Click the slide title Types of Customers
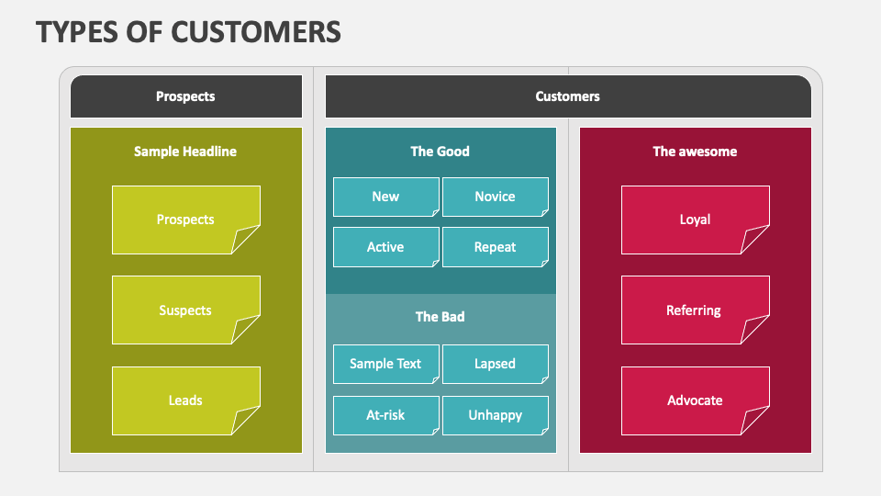pos(188,31)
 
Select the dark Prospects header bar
pos(186,96)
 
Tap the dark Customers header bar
pos(568,96)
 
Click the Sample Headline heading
pos(185,152)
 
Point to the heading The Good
pos(440,152)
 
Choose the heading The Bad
pos(440,317)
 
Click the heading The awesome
pos(695,152)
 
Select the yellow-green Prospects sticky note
pos(185,220)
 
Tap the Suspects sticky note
pos(185,310)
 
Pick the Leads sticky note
pos(185,400)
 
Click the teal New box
pos(385,197)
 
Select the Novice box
pos(495,197)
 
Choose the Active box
pos(385,247)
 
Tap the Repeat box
pos(495,247)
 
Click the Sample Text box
pos(385,364)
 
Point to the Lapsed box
pos(495,364)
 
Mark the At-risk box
pos(385,415)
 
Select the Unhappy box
pos(495,415)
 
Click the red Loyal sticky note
pos(695,220)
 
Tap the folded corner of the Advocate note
pos(756,422)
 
